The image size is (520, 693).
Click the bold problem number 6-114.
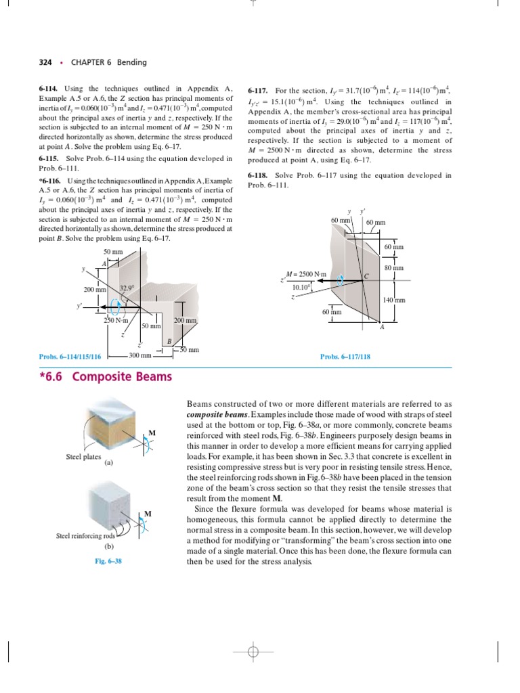pos(49,89)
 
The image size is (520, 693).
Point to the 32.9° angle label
pos(127,288)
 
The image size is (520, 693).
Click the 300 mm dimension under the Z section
pos(140,355)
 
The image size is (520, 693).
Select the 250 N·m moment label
pos(116,321)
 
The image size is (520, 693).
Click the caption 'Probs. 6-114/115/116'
pos(70,356)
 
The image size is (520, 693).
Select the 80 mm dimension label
pos(394,268)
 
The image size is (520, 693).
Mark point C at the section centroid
pos(366,275)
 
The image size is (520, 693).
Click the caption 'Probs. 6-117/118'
pos(345,356)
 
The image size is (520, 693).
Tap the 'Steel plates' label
pos(83,457)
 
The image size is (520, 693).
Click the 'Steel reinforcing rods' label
pos(85,536)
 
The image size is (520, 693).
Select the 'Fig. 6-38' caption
pos(108,561)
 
